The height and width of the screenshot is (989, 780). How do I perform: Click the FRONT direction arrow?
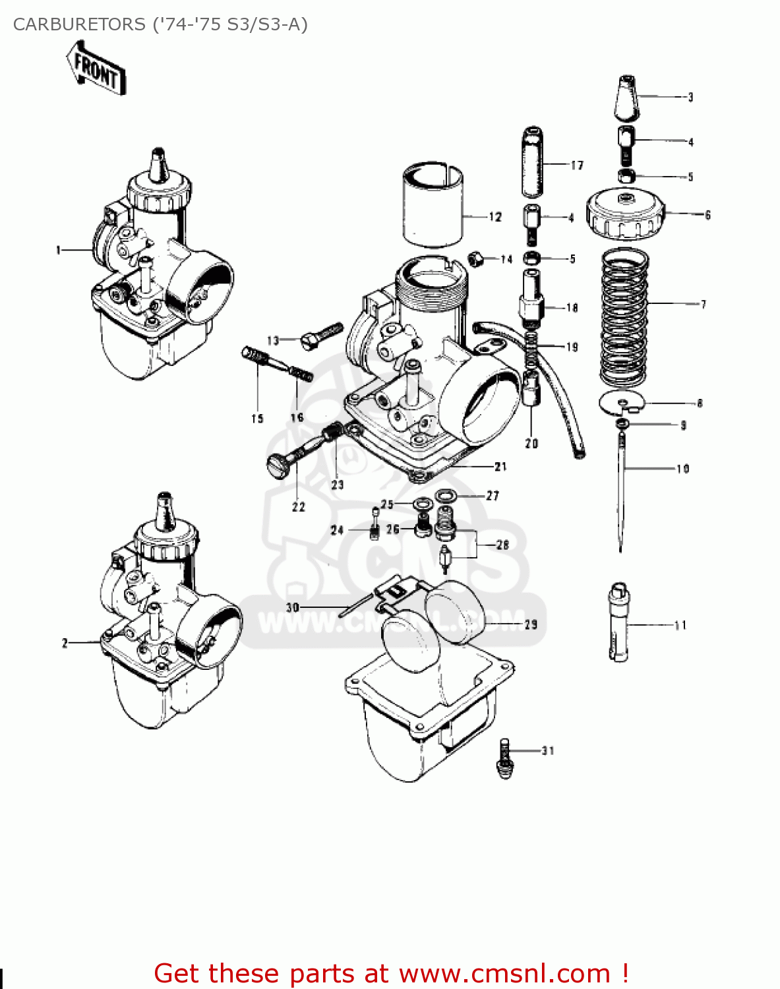(x=96, y=69)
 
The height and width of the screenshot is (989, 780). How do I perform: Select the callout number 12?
(x=495, y=217)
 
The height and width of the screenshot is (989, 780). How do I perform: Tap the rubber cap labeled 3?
(x=627, y=98)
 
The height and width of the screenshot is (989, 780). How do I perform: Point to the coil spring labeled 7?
(x=624, y=316)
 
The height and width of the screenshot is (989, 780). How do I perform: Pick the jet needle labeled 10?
(x=621, y=488)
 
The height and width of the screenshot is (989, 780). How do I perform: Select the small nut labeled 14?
(x=476, y=258)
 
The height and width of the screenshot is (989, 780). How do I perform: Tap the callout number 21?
(x=500, y=467)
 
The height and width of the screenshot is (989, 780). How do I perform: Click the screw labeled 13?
(x=321, y=336)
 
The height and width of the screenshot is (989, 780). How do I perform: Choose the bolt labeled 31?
(x=504, y=758)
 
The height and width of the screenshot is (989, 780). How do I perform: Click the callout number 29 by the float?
(x=530, y=624)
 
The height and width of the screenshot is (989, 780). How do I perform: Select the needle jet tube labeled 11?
(x=618, y=621)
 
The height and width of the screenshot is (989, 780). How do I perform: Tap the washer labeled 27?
(x=447, y=495)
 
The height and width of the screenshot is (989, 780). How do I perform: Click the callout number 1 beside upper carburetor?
(x=58, y=250)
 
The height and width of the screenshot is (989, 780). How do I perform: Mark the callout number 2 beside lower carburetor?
(x=65, y=643)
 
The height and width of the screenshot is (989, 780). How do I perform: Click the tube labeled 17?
(x=533, y=162)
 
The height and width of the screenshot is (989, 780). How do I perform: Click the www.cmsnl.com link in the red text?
(x=504, y=973)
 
